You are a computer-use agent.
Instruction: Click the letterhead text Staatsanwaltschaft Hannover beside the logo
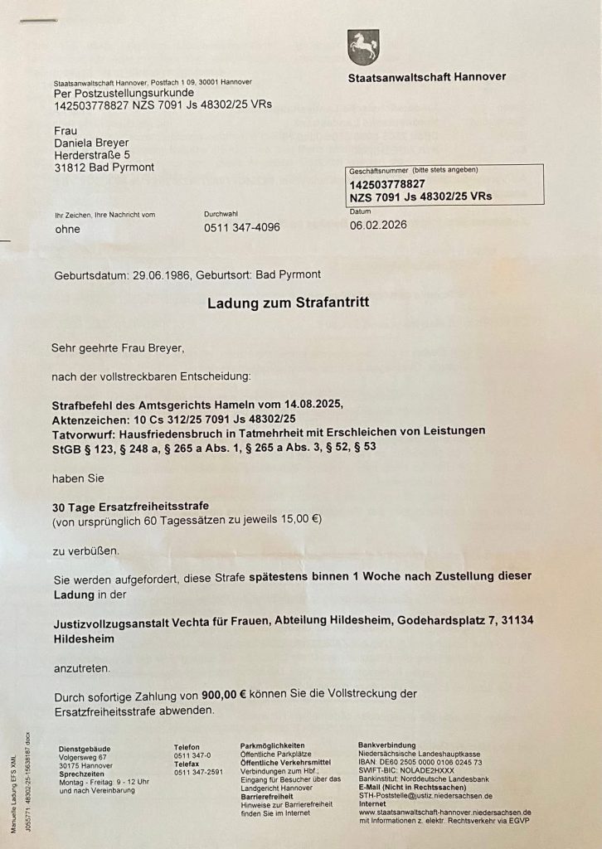pyautogui.click(x=427, y=77)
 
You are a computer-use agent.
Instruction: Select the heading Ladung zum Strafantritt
pyautogui.click(x=288, y=303)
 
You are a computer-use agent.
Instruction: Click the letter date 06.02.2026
pyautogui.click(x=378, y=225)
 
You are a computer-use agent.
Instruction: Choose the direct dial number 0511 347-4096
pyautogui.click(x=242, y=227)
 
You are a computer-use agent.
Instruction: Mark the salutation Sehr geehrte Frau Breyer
pyautogui.click(x=126, y=348)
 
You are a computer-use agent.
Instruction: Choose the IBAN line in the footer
pyautogui.click(x=420, y=763)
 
